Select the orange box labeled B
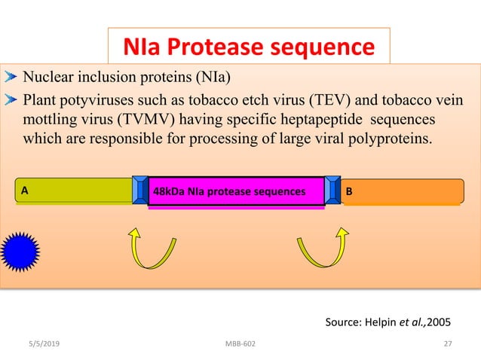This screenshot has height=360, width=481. coord(403,191)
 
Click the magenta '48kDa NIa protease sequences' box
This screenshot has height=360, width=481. coord(236,191)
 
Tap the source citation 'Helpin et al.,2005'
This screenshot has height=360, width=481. coord(388,322)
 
